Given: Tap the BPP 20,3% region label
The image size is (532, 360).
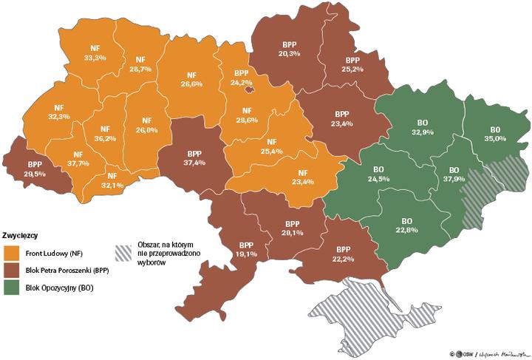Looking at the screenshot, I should point(289,48).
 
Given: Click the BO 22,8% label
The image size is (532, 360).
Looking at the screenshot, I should point(406,225).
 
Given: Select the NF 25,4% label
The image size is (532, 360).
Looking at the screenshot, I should point(271,146).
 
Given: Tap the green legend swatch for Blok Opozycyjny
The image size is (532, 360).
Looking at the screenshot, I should point(13,288).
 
